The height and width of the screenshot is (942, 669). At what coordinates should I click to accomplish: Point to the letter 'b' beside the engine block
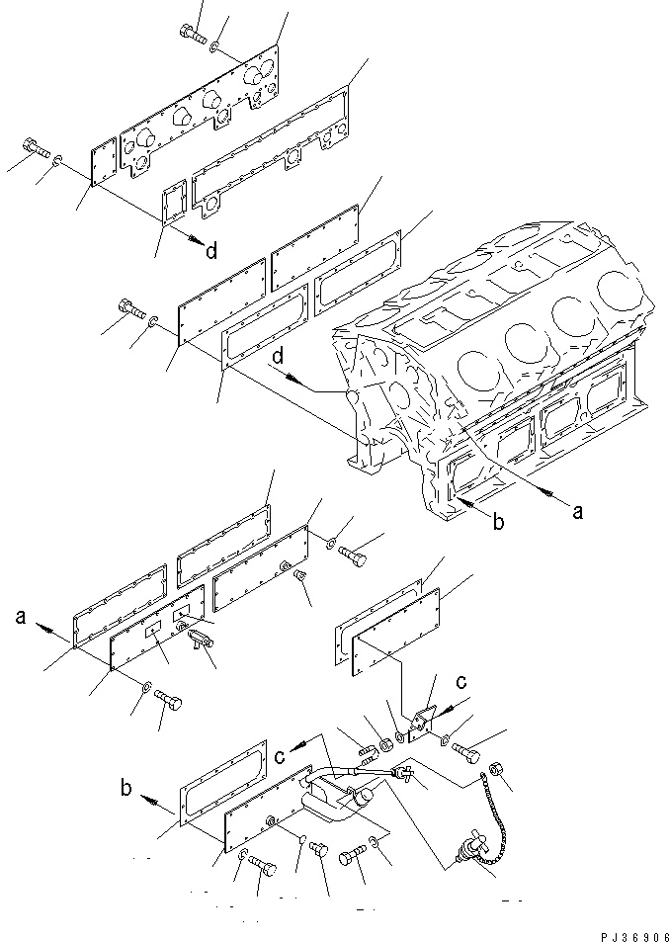pyautogui.click(x=498, y=521)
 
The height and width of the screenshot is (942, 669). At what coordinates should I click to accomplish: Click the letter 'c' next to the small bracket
pyautogui.click(x=460, y=682)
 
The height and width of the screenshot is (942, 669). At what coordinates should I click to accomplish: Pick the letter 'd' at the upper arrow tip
pyautogui.click(x=211, y=250)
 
